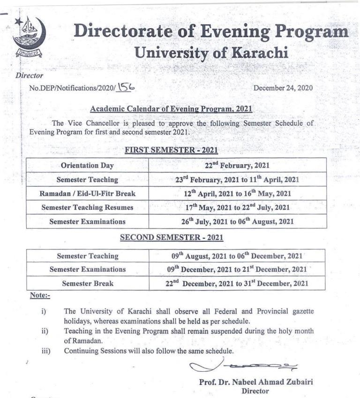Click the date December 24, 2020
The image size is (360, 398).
[283, 88]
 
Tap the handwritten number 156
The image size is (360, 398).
[127, 86]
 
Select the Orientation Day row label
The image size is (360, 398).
[87, 165]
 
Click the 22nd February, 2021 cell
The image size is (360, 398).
[237, 165]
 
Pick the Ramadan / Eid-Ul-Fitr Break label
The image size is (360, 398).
[87, 193]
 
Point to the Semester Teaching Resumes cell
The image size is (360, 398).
[87, 207]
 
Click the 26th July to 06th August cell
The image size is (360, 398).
[237, 222]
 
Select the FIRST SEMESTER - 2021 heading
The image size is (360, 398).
[172, 151]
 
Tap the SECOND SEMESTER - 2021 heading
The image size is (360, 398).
[172, 238]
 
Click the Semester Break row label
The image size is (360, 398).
[87, 283]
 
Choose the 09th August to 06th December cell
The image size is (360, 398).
[237, 256]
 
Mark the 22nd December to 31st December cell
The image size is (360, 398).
[237, 283]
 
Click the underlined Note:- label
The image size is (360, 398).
[40, 296]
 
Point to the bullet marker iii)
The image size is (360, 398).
[46, 351]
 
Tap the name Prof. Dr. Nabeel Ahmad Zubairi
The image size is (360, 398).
[256, 382]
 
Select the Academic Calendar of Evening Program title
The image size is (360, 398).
[171, 109]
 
